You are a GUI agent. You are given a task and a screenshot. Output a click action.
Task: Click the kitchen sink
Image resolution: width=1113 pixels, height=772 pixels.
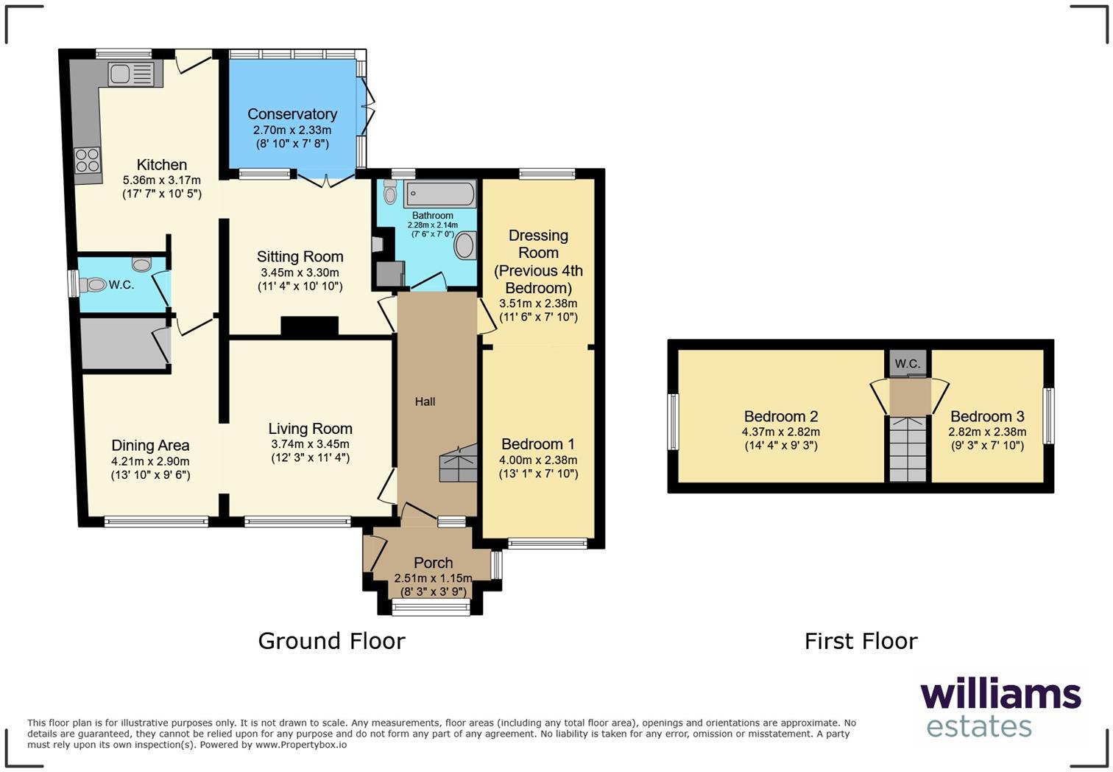click(131, 74)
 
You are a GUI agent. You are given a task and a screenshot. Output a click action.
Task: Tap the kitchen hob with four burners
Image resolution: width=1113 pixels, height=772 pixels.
click(87, 161)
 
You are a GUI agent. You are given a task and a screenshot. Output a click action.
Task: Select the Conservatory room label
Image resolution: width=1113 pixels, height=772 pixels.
click(292, 114)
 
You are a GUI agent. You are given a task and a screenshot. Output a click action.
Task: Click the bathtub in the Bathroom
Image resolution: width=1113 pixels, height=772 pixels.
click(439, 194)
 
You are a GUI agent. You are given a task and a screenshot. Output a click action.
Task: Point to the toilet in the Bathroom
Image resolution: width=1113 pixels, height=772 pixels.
click(390, 192)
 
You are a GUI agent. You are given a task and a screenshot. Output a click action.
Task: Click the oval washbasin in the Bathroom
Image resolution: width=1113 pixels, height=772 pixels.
click(465, 245)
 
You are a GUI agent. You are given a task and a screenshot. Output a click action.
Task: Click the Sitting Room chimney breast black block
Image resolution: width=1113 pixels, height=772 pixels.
click(309, 327)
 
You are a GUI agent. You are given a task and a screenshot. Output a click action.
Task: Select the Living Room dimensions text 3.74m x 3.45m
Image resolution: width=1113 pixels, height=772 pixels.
click(310, 444)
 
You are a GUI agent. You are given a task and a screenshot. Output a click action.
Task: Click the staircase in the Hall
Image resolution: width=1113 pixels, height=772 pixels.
click(459, 465)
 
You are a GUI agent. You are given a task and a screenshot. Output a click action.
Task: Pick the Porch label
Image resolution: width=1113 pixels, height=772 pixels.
click(433, 563)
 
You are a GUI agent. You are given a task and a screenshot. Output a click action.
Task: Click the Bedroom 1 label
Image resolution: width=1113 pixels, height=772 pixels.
click(537, 444)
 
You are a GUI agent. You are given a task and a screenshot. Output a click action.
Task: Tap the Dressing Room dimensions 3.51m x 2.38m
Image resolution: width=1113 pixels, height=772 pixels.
click(538, 303)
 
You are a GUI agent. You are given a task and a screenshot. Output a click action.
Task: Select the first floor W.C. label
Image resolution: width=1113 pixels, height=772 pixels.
click(907, 363)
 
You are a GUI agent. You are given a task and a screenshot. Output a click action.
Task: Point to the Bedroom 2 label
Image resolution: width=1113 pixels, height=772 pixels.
click(780, 416)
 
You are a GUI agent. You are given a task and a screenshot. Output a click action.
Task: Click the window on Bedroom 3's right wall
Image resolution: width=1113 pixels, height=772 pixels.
click(1049, 416)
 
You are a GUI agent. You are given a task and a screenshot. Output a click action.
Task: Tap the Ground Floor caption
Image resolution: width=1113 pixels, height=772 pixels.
click(331, 641)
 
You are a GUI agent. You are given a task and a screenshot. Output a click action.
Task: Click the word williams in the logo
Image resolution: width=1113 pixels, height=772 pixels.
click(1000, 695)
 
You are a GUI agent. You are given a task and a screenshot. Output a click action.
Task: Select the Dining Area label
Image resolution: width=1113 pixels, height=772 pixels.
click(150, 446)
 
